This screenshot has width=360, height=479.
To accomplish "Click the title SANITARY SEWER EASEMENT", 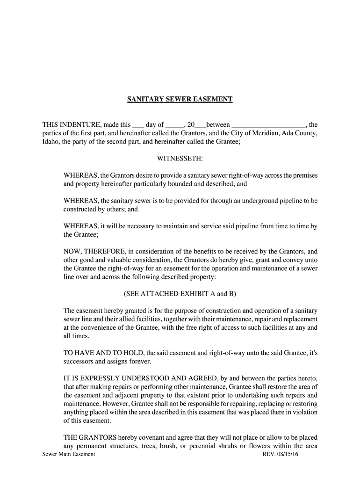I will pos(180,100).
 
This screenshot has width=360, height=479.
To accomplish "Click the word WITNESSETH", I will pos(180,159).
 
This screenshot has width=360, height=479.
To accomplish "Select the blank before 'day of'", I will pos(138,125).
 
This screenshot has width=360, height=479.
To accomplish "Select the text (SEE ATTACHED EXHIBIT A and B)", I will pos(180,294).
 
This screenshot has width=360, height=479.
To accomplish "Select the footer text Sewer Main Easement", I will pos(69,454).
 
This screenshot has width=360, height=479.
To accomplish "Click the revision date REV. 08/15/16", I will pos(280,454).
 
